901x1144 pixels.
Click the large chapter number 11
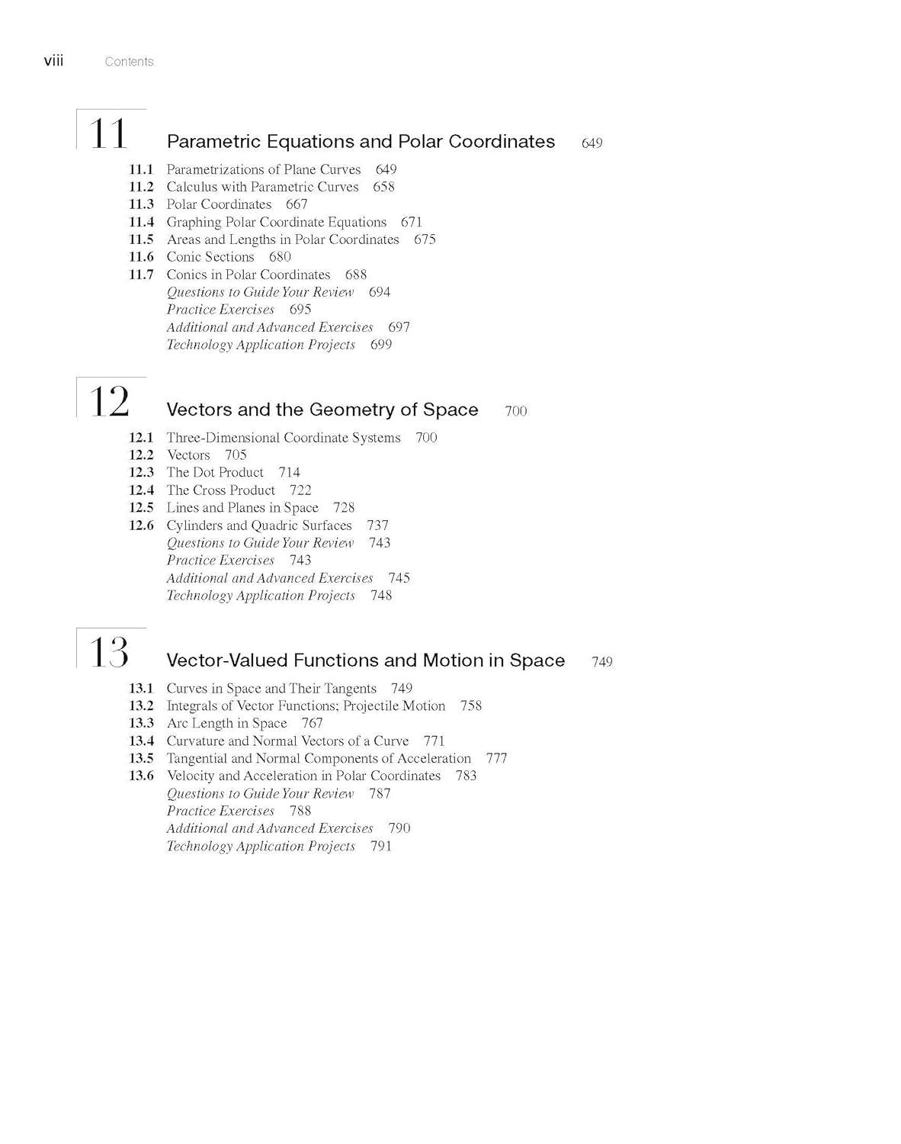point(108,133)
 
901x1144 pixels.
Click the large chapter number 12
point(109,401)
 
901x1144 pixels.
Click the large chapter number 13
point(109,652)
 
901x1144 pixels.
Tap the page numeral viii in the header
point(53,61)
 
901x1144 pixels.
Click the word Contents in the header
point(129,62)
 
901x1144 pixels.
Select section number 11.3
point(141,204)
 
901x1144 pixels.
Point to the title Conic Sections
point(210,257)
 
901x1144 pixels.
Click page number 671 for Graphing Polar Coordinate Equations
point(411,222)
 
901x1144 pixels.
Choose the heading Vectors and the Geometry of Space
point(322,410)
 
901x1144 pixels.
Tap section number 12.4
point(141,490)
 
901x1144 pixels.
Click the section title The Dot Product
point(215,473)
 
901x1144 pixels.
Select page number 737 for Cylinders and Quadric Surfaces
point(377,525)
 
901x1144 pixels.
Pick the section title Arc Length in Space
point(226,723)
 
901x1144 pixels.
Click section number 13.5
point(141,758)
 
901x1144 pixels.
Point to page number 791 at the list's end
point(380,846)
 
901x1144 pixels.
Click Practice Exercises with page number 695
point(220,310)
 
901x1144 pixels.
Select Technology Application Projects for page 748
point(261,596)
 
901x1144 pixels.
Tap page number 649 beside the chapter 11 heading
point(592,143)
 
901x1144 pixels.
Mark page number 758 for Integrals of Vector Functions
point(471,705)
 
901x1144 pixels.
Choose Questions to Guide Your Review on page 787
point(260,793)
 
